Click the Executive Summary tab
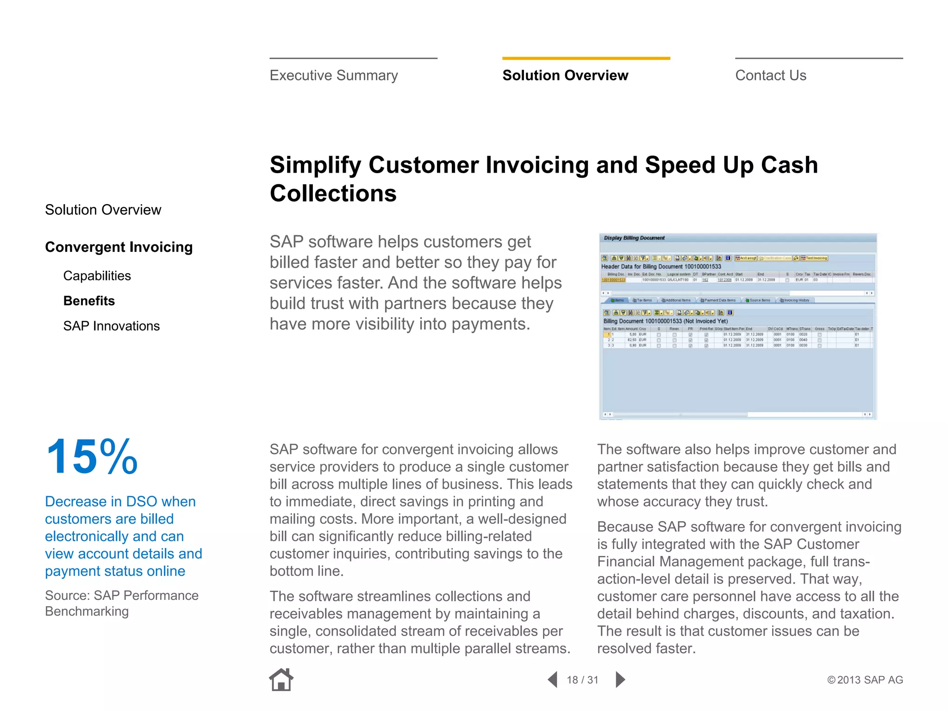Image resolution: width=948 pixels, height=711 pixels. tap(334, 75)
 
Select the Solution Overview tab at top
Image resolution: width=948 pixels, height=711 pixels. tap(565, 75)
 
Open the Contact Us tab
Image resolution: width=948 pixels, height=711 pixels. tap(771, 75)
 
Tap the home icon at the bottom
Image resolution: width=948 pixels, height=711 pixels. tap(281, 680)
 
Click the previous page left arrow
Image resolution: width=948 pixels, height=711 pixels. tap(552, 680)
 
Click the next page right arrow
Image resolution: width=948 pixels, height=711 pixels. tap(620, 680)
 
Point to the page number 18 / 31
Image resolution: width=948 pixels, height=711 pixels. tap(582, 680)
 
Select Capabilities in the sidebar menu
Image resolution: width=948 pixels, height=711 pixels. tap(97, 276)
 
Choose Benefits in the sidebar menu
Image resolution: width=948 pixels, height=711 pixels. tap(89, 301)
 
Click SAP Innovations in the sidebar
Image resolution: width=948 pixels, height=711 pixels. tap(111, 326)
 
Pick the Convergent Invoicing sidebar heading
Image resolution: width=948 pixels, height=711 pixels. tap(118, 247)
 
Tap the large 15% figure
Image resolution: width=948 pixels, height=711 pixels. tap(92, 457)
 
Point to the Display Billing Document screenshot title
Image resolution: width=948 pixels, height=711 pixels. tap(634, 238)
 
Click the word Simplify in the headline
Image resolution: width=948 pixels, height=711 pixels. tap(315, 165)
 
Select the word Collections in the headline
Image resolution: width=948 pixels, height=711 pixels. tap(333, 193)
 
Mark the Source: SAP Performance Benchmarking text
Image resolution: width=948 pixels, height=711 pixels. tap(121, 603)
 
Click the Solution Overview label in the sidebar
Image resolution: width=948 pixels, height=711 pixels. tap(103, 210)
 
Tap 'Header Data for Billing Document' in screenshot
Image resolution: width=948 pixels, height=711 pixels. tap(661, 267)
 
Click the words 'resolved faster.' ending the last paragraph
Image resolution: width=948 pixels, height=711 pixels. tap(646, 649)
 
